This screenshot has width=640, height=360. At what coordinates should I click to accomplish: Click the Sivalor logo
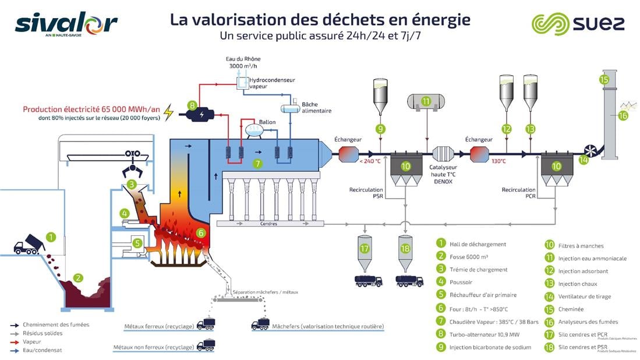pyautogui.click(x=66, y=24)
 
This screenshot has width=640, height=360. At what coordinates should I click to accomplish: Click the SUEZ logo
pyautogui.click(x=578, y=24)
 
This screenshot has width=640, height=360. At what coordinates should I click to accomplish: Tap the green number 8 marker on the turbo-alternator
pyautogui.click(x=192, y=105)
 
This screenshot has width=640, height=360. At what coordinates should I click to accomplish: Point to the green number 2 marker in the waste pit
pyautogui.click(x=78, y=278)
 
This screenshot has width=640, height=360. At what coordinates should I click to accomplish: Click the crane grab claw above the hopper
pyautogui.click(x=133, y=171)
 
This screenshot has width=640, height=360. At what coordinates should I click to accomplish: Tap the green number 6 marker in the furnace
pyautogui.click(x=201, y=232)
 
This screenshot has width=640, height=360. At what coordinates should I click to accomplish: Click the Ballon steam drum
pyautogui.click(x=254, y=130)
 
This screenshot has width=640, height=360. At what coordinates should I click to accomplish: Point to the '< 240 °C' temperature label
pyautogui.click(x=370, y=161)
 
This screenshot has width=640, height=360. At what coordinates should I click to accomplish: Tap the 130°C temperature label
pyautogui.click(x=498, y=161)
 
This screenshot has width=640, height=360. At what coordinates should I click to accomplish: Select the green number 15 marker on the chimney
pyautogui.click(x=604, y=80)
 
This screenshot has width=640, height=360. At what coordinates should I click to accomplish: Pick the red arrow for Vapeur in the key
pyautogui.click(x=16, y=342)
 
